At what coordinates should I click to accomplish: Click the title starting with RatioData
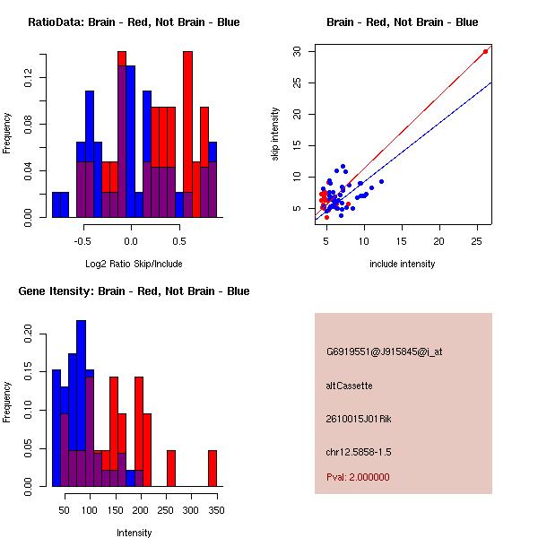click(134, 22)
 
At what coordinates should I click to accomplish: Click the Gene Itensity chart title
click(134, 291)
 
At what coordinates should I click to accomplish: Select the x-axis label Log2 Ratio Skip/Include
click(134, 264)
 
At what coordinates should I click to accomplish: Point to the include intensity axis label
click(402, 264)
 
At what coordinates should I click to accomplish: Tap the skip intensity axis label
click(275, 134)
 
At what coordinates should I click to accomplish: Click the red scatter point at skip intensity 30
click(485, 51)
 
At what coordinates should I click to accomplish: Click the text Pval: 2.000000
click(358, 477)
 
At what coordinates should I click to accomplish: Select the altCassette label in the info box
click(349, 386)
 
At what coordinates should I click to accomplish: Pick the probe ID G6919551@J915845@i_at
click(385, 352)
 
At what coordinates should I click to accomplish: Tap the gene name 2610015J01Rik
click(359, 419)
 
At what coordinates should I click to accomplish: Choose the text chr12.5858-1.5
click(359, 452)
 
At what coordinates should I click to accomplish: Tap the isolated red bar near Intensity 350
click(213, 468)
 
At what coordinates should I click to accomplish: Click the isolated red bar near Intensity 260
click(171, 468)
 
